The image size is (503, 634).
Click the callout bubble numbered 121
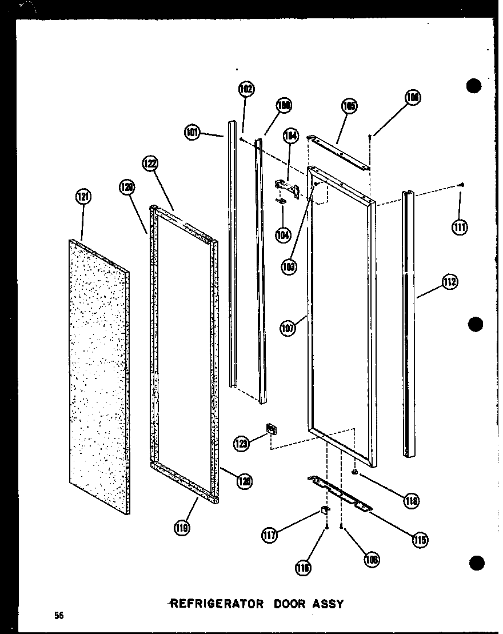[x=83, y=198]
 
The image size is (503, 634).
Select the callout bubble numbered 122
[x=150, y=164]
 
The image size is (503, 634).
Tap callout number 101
[x=193, y=133]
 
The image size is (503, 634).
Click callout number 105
[x=349, y=106]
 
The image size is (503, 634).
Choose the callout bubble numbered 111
[x=458, y=227]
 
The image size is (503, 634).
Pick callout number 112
[x=449, y=281]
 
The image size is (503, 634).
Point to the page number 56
[x=58, y=615]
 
